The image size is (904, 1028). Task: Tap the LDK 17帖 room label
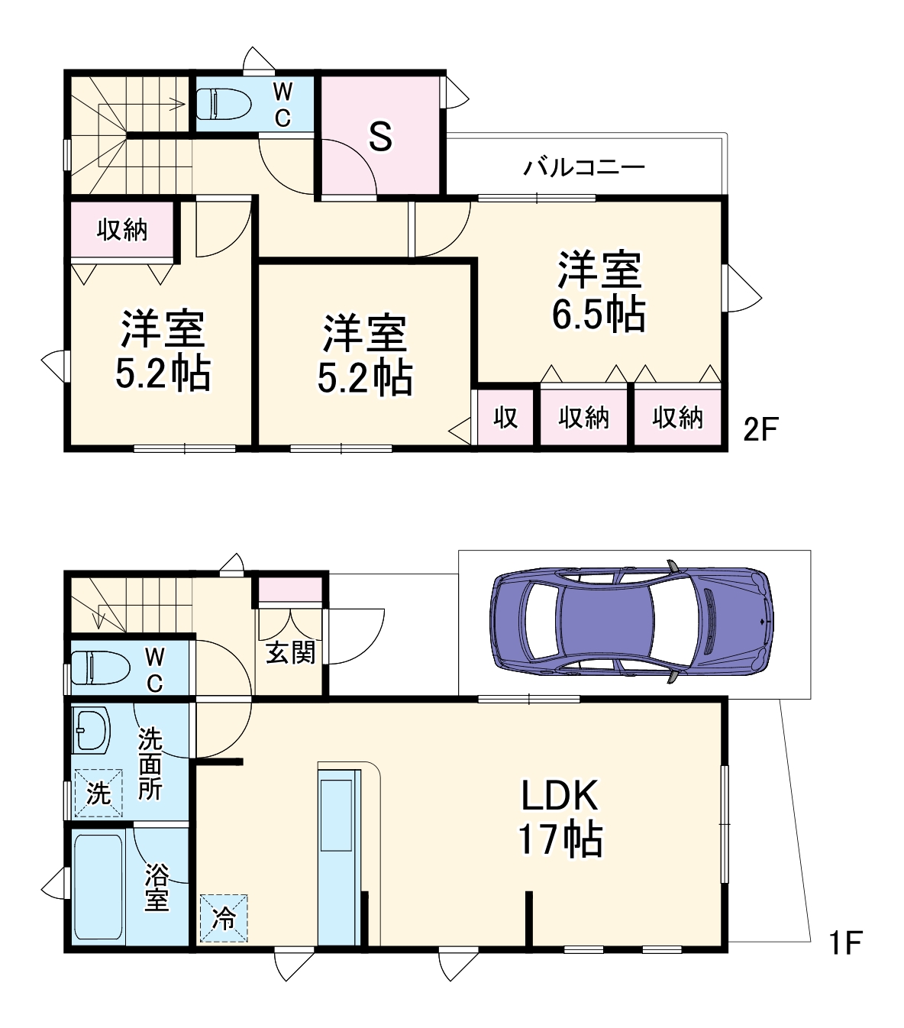[x=560, y=817]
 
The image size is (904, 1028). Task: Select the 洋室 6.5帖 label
[x=599, y=292]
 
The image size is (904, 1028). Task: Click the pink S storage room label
[x=380, y=137]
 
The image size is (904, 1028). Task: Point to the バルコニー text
[x=584, y=166]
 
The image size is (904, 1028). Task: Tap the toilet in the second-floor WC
[x=223, y=104]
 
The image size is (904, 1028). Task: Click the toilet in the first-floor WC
[x=98, y=668]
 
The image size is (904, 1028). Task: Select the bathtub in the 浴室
[x=98, y=887]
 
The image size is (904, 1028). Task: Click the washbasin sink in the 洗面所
[x=91, y=729]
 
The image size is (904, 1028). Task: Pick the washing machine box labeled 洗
[x=98, y=793]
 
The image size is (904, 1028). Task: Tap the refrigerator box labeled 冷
[x=224, y=918]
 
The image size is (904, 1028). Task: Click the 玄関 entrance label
[x=290, y=653]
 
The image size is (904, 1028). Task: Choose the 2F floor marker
[x=760, y=429]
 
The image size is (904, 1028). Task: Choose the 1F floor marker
[x=846, y=942]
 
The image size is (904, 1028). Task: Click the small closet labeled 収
[x=505, y=417]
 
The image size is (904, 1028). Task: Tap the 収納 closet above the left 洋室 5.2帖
[x=122, y=229]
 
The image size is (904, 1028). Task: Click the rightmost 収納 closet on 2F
[x=677, y=417]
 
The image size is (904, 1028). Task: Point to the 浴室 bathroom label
[x=157, y=887]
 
